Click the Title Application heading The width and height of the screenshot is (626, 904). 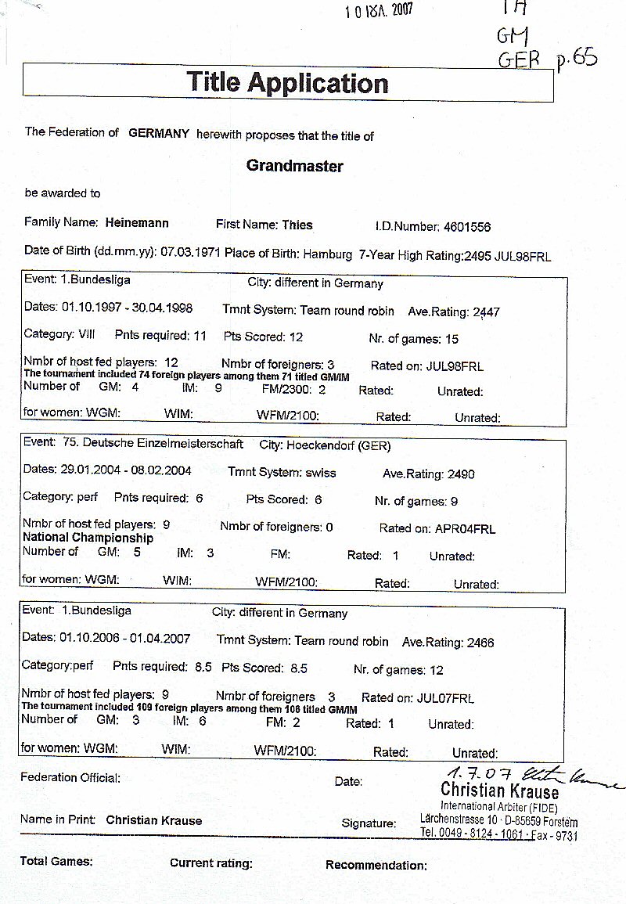pyautogui.click(x=287, y=82)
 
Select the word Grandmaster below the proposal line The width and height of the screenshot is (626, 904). pyautogui.click(x=294, y=166)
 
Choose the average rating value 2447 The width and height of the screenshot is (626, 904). pyautogui.click(x=486, y=312)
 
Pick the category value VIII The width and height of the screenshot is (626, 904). pyautogui.click(x=86, y=335)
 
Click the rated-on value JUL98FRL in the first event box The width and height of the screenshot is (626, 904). pyautogui.click(x=455, y=366)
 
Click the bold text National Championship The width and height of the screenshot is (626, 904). pyautogui.click(x=88, y=538)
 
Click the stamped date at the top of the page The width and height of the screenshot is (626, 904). pyautogui.click(x=379, y=10)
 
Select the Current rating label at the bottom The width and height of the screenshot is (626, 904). pyautogui.click(x=210, y=863)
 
